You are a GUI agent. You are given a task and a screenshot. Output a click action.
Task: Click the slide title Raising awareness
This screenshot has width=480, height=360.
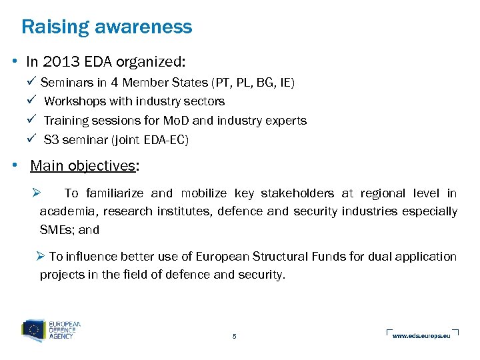[x=107, y=27]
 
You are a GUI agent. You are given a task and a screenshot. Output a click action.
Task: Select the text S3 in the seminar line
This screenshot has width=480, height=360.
[x=51, y=140]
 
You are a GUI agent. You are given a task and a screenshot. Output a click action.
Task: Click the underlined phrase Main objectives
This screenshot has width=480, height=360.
[x=83, y=165]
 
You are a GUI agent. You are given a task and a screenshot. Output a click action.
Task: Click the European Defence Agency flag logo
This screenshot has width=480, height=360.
[x=34, y=331]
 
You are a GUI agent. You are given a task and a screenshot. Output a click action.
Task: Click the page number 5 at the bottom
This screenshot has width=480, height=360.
[x=234, y=336]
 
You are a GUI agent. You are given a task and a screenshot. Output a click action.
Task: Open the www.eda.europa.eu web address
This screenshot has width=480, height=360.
[x=421, y=335]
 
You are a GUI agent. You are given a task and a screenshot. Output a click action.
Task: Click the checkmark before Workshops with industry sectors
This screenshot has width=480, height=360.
[x=33, y=101]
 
